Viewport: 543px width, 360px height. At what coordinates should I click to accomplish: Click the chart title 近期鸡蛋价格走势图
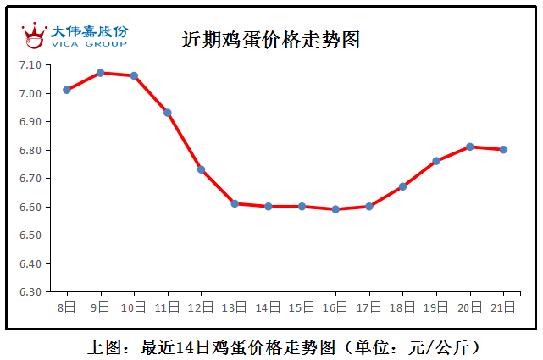click(x=270, y=40)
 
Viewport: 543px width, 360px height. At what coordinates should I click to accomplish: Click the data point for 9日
click(x=100, y=73)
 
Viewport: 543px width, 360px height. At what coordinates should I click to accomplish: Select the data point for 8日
click(x=67, y=90)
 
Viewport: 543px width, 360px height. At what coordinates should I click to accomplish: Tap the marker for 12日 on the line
click(x=201, y=169)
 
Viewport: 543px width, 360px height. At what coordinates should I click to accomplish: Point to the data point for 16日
click(x=335, y=209)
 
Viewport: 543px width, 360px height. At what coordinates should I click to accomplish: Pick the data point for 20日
click(x=470, y=147)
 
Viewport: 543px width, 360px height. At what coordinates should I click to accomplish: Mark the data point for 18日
click(x=402, y=186)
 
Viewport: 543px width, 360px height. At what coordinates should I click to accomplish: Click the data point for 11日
click(x=168, y=113)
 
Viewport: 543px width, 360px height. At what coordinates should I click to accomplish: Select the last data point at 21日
click(x=503, y=149)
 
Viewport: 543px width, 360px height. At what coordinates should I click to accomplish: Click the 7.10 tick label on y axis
click(x=30, y=65)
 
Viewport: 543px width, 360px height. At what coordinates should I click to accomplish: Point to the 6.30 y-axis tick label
click(x=30, y=291)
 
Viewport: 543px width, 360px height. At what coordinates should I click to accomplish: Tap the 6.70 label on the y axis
click(x=30, y=179)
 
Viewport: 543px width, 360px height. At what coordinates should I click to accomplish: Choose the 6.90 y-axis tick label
click(x=30, y=122)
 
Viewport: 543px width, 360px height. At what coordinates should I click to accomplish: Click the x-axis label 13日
click(x=235, y=306)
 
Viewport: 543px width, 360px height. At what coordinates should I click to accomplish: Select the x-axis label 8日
click(x=67, y=306)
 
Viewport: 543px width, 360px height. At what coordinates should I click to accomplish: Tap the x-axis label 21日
click(x=503, y=306)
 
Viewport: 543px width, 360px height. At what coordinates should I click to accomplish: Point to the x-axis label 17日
click(x=369, y=306)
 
